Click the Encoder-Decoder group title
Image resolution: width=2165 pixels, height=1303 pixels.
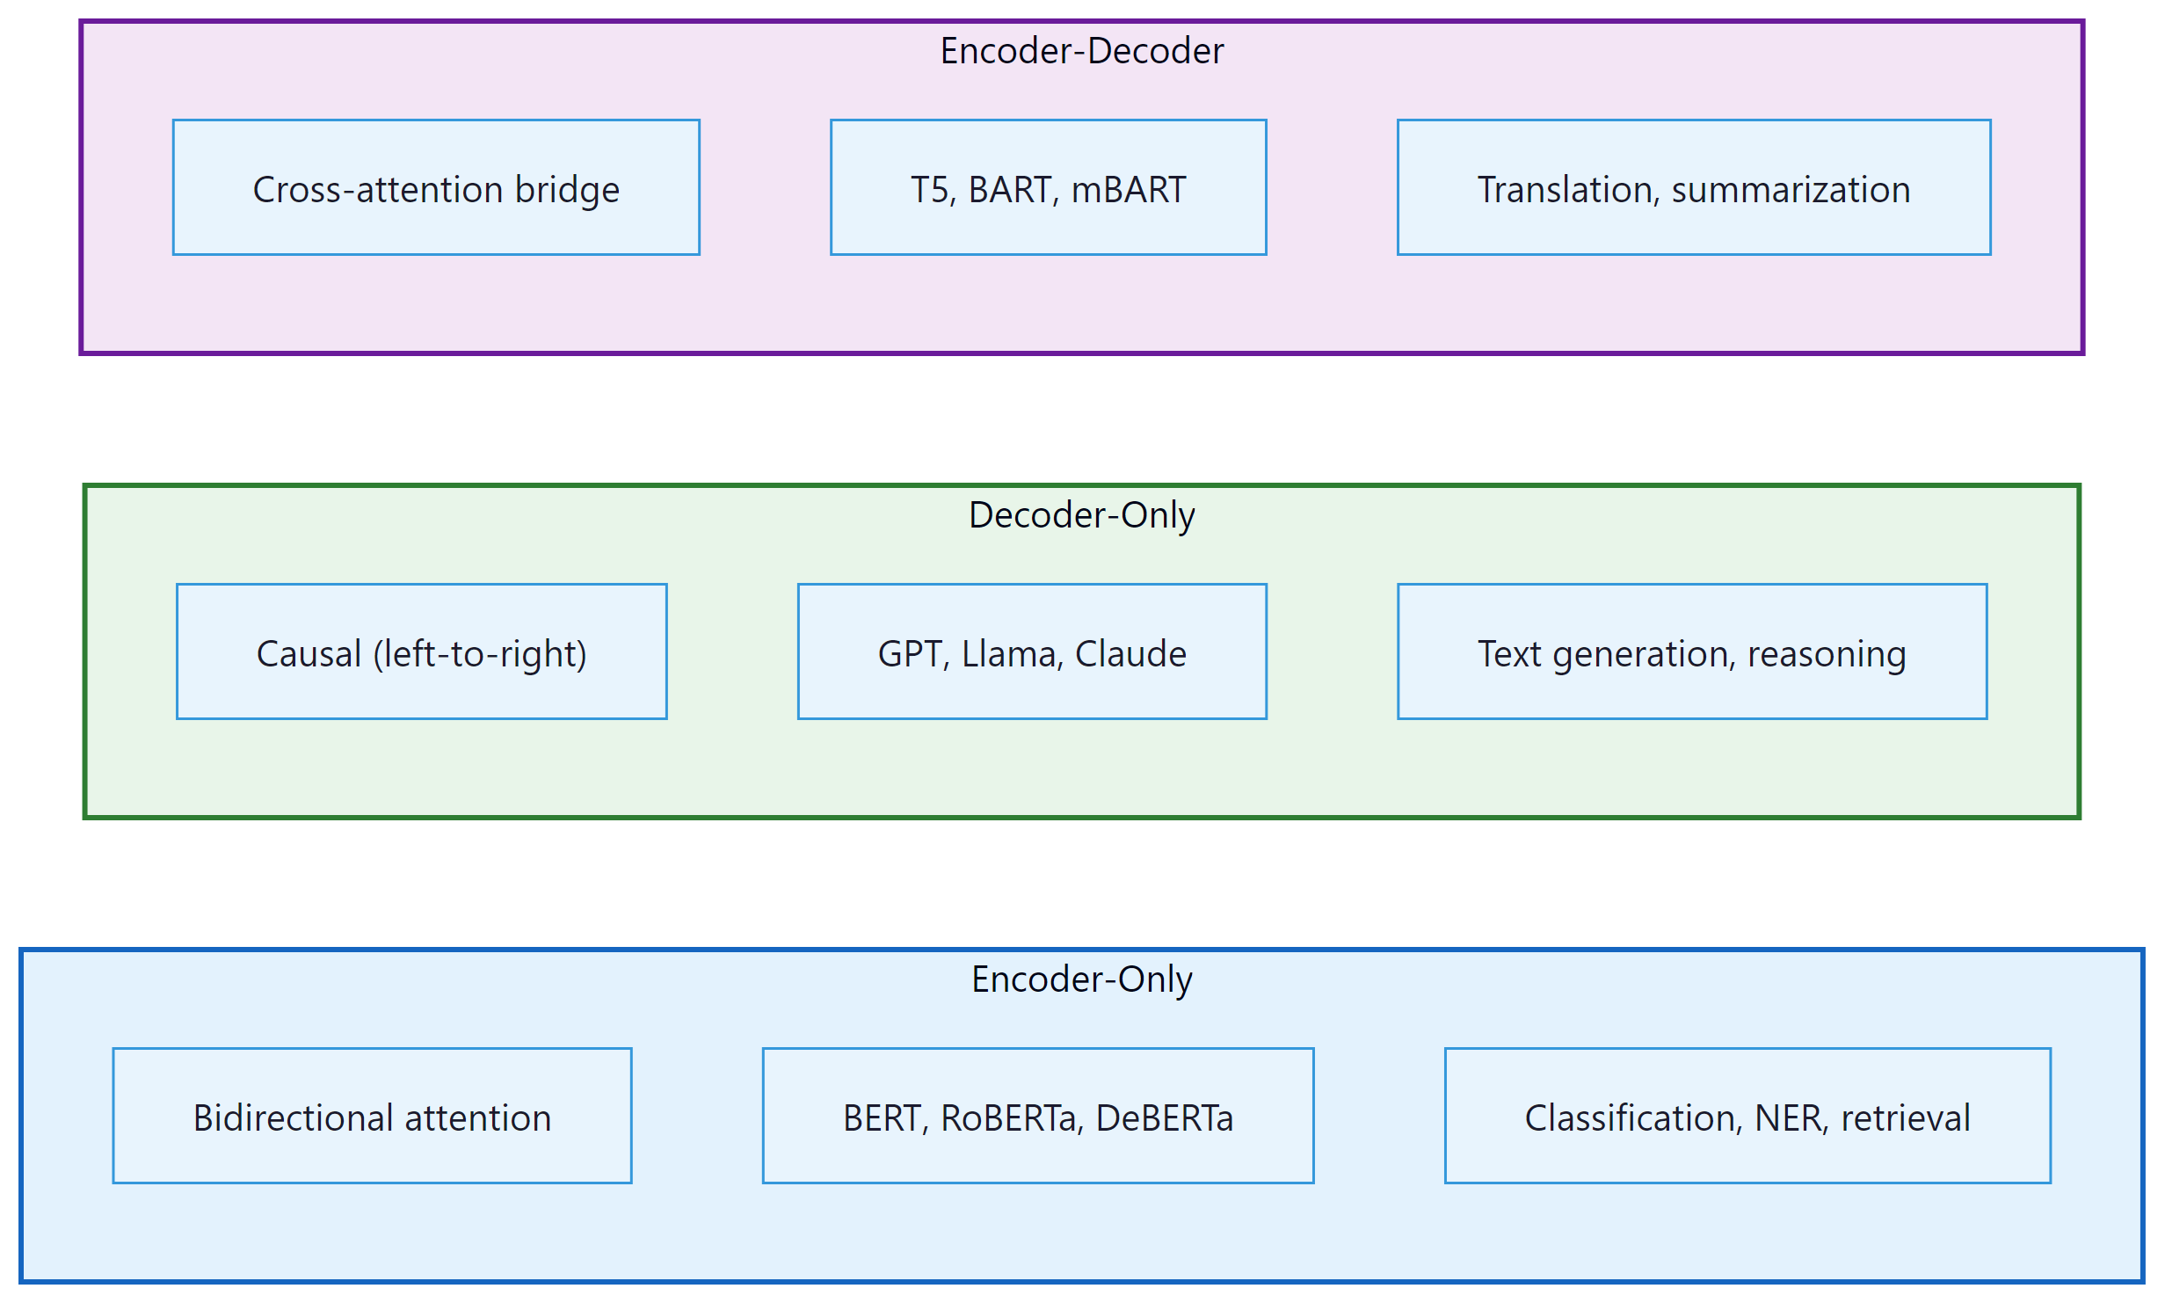point(1081,51)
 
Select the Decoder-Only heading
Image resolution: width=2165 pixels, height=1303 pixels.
point(1081,515)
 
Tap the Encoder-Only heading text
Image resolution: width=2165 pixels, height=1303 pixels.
point(1081,979)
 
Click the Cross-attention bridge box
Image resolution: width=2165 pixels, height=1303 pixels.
point(436,188)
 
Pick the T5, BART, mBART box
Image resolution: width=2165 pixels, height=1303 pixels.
point(1048,188)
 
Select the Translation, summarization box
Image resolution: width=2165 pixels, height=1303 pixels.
point(1693,188)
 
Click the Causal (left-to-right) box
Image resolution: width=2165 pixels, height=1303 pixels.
point(421,652)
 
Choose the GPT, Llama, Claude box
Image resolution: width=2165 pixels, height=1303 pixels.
point(1032,652)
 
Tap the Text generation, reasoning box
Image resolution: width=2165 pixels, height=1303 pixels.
point(1691,652)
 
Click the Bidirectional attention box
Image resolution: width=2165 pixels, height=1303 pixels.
point(372,1117)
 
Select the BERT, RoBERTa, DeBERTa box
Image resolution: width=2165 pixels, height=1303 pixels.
point(1037,1117)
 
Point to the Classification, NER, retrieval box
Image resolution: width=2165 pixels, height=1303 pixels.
point(1747,1117)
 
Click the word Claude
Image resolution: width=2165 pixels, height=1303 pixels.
point(1130,654)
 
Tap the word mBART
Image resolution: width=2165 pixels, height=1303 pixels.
point(1129,190)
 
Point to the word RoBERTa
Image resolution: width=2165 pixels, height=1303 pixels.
point(1009,1118)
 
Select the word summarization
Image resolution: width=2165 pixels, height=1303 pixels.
point(1791,190)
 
